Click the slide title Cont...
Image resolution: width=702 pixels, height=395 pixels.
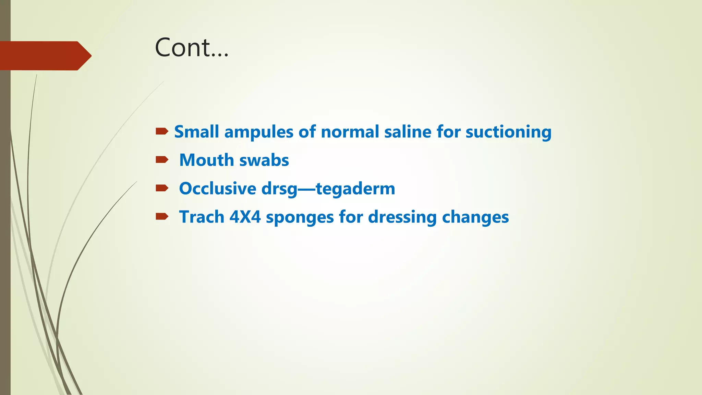coord(191,47)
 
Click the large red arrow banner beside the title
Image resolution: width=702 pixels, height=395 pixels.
coord(45,56)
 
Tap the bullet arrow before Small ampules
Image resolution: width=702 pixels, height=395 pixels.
coord(162,131)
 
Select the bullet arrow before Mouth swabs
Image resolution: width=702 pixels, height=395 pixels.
coord(162,159)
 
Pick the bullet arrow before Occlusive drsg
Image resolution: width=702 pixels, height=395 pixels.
coord(162,188)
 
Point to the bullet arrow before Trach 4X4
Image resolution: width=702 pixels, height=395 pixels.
coord(162,216)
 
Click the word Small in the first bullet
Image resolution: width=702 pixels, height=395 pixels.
coord(196,132)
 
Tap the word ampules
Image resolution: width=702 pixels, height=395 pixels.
coord(258,132)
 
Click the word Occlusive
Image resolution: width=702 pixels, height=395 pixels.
coord(218,189)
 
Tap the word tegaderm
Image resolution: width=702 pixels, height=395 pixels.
coord(355,189)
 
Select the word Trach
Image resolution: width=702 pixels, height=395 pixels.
coord(202,217)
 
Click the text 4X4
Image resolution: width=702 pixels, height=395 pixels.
coord(245,217)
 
